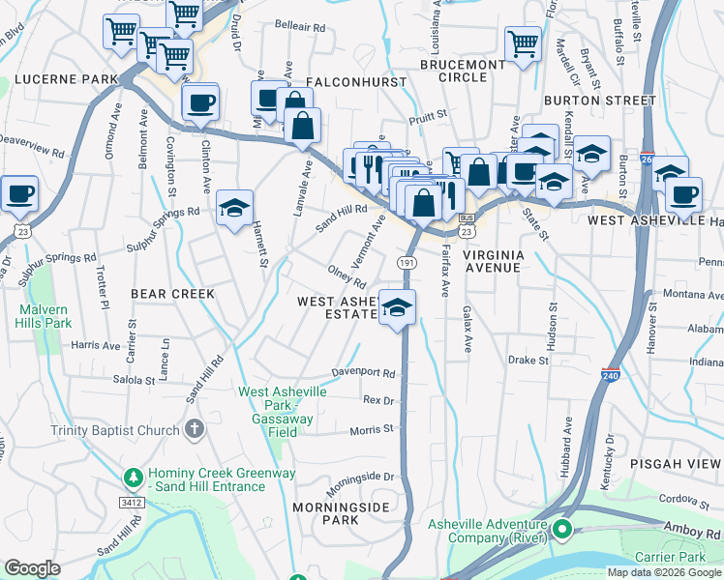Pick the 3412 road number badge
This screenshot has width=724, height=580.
(133, 504)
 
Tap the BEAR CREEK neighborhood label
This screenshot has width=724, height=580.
(172, 293)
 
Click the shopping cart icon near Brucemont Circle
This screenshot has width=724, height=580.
(523, 43)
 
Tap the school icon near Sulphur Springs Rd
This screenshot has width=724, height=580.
(234, 208)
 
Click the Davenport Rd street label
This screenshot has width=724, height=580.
(364, 373)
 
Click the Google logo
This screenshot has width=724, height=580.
(32, 569)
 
